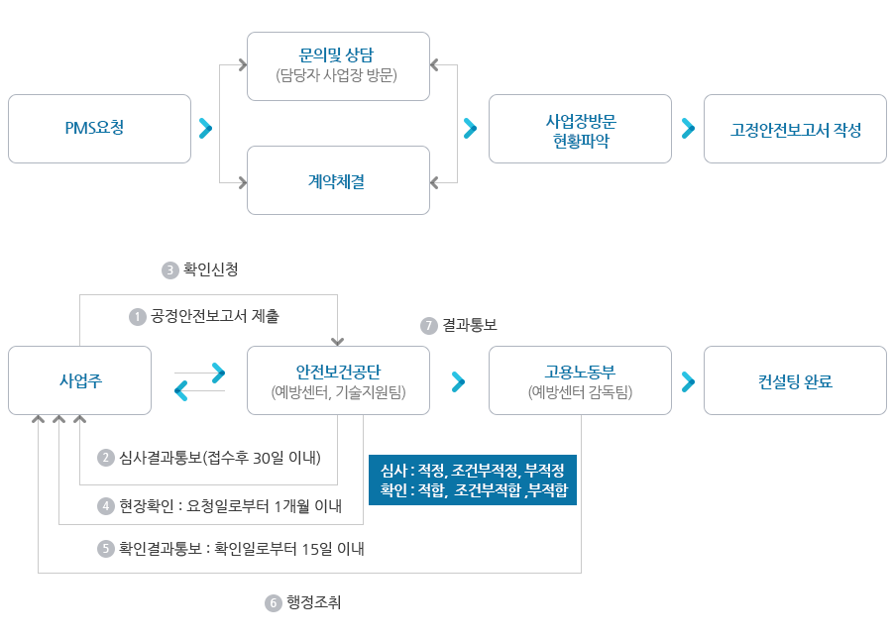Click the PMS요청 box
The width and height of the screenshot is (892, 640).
(x=99, y=129)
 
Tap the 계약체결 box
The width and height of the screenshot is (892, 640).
(x=339, y=180)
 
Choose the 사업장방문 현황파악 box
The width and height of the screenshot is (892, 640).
(x=581, y=129)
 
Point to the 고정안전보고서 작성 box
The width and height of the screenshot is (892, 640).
(x=795, y=129)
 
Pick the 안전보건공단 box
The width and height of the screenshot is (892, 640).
(x=339, y=380)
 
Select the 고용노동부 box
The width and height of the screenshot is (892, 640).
(x=581, y=380)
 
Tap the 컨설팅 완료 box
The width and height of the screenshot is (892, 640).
(x=795, y=380)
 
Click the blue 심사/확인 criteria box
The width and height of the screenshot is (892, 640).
(x=472, y=480)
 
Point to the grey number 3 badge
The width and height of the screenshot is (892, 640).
(x=169, y=268)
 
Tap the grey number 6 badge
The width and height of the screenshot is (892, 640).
(x=273, y=602)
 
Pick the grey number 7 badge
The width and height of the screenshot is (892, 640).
(x=428, y=325)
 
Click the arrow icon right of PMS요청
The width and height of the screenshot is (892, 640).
(x=206, y=129)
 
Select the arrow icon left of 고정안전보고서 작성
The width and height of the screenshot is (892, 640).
(x=688, y=129)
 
